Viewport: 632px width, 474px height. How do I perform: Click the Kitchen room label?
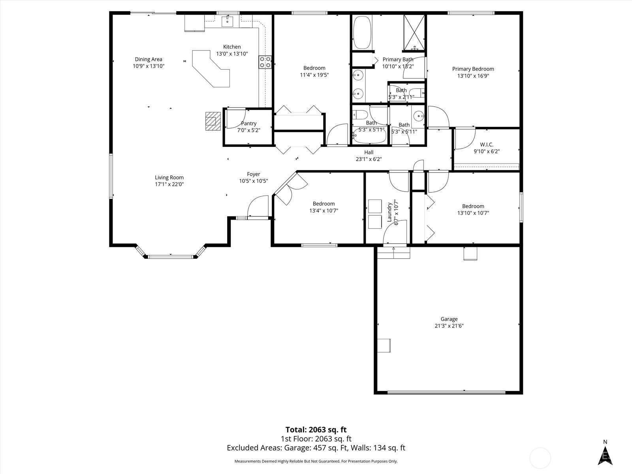[232, 47]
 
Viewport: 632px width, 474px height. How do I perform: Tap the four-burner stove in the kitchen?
[265, 62]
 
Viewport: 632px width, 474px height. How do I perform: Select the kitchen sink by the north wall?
[228, 21]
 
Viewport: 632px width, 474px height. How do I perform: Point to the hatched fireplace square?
[213, 121]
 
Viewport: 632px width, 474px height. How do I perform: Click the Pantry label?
[249, 124]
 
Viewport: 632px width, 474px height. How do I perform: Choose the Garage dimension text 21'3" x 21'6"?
[449, 326]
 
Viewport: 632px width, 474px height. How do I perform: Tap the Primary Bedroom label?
[473, 69]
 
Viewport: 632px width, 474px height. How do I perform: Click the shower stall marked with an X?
[414, 32]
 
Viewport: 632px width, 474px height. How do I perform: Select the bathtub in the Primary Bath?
[362, 32]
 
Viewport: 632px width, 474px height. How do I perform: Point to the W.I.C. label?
[487, 145]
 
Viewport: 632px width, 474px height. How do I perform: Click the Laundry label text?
[389, 212]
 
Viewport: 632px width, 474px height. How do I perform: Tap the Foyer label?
[253, 174]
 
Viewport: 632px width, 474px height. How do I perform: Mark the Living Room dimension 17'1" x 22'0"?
[169, 184]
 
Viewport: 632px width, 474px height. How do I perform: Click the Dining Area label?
[149, 59]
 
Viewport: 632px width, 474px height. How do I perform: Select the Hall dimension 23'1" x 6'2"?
[369, 159]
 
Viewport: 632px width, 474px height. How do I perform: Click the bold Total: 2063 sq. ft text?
[316, 430]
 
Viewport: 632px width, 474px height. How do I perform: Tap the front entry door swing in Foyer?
[258, 206]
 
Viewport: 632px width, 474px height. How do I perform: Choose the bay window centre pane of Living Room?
[171, 257]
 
